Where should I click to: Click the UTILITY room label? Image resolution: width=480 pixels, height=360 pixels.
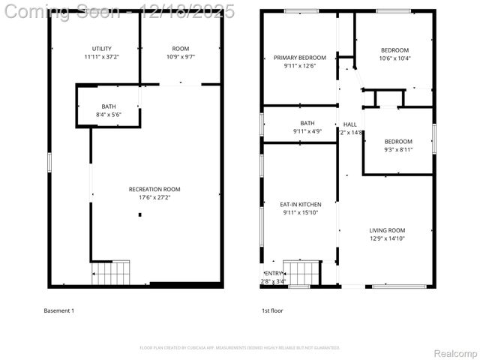101,49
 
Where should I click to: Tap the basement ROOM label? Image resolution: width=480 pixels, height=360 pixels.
180,49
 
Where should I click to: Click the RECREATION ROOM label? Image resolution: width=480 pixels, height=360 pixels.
154,189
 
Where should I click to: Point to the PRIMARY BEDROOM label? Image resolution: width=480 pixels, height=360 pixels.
300,58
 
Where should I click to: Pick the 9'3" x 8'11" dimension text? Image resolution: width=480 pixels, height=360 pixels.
398,150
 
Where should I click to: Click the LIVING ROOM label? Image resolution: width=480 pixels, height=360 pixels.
387,230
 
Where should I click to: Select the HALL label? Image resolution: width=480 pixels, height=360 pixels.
350,124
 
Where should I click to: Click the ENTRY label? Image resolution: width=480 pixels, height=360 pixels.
274,273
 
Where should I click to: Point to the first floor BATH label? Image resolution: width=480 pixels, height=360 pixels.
307,123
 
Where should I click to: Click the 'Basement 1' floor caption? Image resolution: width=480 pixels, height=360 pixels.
59,310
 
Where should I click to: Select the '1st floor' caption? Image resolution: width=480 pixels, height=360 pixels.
272,310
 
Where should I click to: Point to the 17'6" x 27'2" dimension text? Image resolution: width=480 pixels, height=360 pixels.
154,198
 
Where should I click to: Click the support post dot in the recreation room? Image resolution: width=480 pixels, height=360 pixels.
140,215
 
